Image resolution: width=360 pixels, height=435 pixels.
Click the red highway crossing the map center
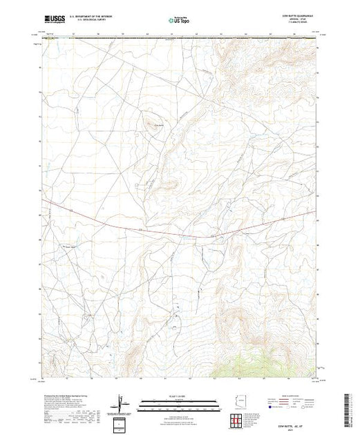click(x=173, y=229)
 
